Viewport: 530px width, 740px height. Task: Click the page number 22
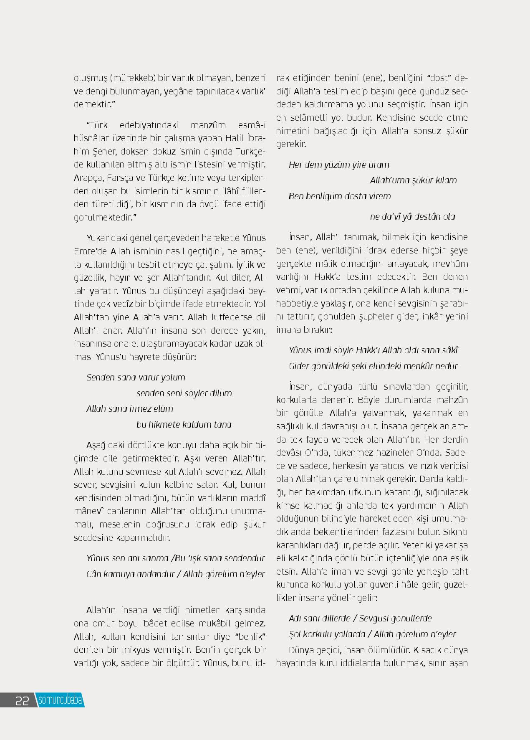(x=22, y=701)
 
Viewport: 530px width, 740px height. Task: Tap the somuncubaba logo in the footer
(x=60, y=700)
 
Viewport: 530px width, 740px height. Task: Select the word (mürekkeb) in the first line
(x=134, y=78)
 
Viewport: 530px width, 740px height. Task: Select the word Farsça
(x=121, y=178)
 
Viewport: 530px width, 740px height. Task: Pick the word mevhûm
(x=450, y=264)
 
